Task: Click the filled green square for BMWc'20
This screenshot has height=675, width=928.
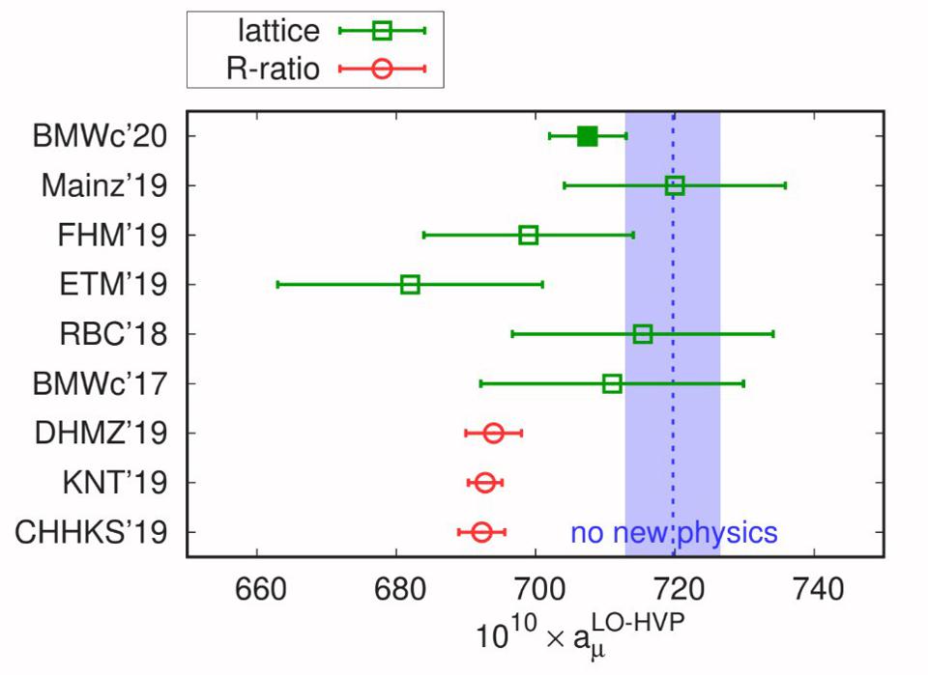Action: pyautogui.click(x=587, y=136)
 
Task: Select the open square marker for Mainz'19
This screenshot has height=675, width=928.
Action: pyautogui.click(x=675, y=185)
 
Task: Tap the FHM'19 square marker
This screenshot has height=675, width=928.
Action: pyautogui.click(x=528, y=235)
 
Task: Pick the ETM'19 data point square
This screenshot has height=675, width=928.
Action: pyautogui.click(x=410, y=285)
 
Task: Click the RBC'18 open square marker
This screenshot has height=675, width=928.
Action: pyautogui.click(x=643, y=334)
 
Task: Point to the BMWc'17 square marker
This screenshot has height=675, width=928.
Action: pyautogui.click(x=612, y=383)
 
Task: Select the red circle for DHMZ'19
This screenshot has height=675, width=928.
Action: pyautogui.click(x=493, y=433)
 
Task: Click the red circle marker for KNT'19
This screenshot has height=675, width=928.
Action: pyautogui.click(x=485, y=483)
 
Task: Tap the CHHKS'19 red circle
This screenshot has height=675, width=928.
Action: pyautogui.click(x=481, y=532)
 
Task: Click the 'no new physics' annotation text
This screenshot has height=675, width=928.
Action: pyautogui.click(x=674, y=532)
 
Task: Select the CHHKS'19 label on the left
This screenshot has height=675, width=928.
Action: pyautogui.click(x=92, y=532)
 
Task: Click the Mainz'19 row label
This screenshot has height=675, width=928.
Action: pyautogui.click(x=103, y=185)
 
